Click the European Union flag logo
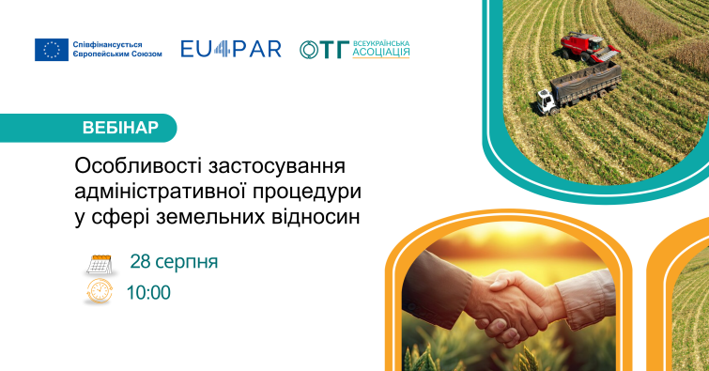pos(52,50)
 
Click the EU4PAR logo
pos(231,50)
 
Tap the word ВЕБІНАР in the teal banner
pos(120,128)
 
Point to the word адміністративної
pos(160,192)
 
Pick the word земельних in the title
pos(210,217)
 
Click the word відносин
pos(316,217)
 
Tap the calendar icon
pos(99,265)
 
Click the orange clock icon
pos(99,291)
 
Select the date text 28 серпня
pos(174,262)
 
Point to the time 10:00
pos(148,293)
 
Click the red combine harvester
pos(589,47)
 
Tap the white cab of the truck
pos(547,101)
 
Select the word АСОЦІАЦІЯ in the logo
pos(381,53)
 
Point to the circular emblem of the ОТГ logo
pos(310,50)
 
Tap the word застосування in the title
pos(277,166)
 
